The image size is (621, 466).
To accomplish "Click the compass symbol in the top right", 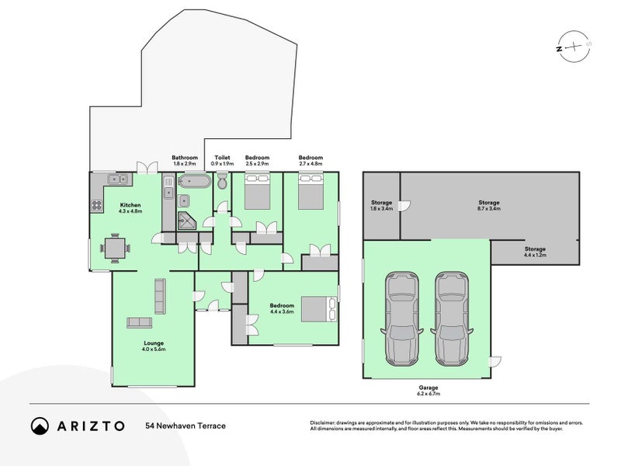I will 571,47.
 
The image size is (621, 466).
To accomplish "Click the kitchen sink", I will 118,179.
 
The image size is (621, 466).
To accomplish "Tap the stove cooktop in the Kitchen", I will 98,206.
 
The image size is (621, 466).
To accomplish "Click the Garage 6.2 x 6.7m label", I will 429,391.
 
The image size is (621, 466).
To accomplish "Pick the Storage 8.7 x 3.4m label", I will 489,205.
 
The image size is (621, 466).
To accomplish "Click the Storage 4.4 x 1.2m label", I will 534,252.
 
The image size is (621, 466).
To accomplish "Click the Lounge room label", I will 152,346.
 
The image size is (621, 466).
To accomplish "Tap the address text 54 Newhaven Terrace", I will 185,426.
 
